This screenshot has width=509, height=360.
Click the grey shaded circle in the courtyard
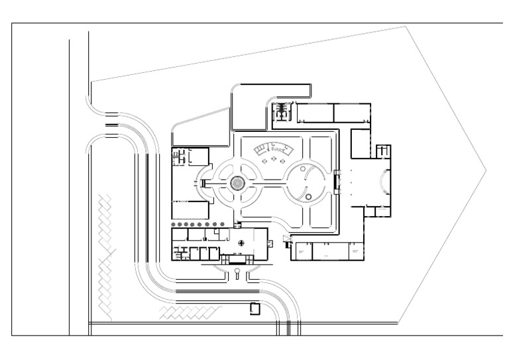(x=237, y=182)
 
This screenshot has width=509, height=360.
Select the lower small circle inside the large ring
(x=309, y=197)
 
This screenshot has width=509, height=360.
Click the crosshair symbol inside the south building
(x=241, y=242)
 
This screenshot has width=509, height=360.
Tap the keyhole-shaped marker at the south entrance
(x=237, y=271)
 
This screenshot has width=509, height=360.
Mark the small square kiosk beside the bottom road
(x=254, y=308)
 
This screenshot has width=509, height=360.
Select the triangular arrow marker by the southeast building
(x=286, y=239)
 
